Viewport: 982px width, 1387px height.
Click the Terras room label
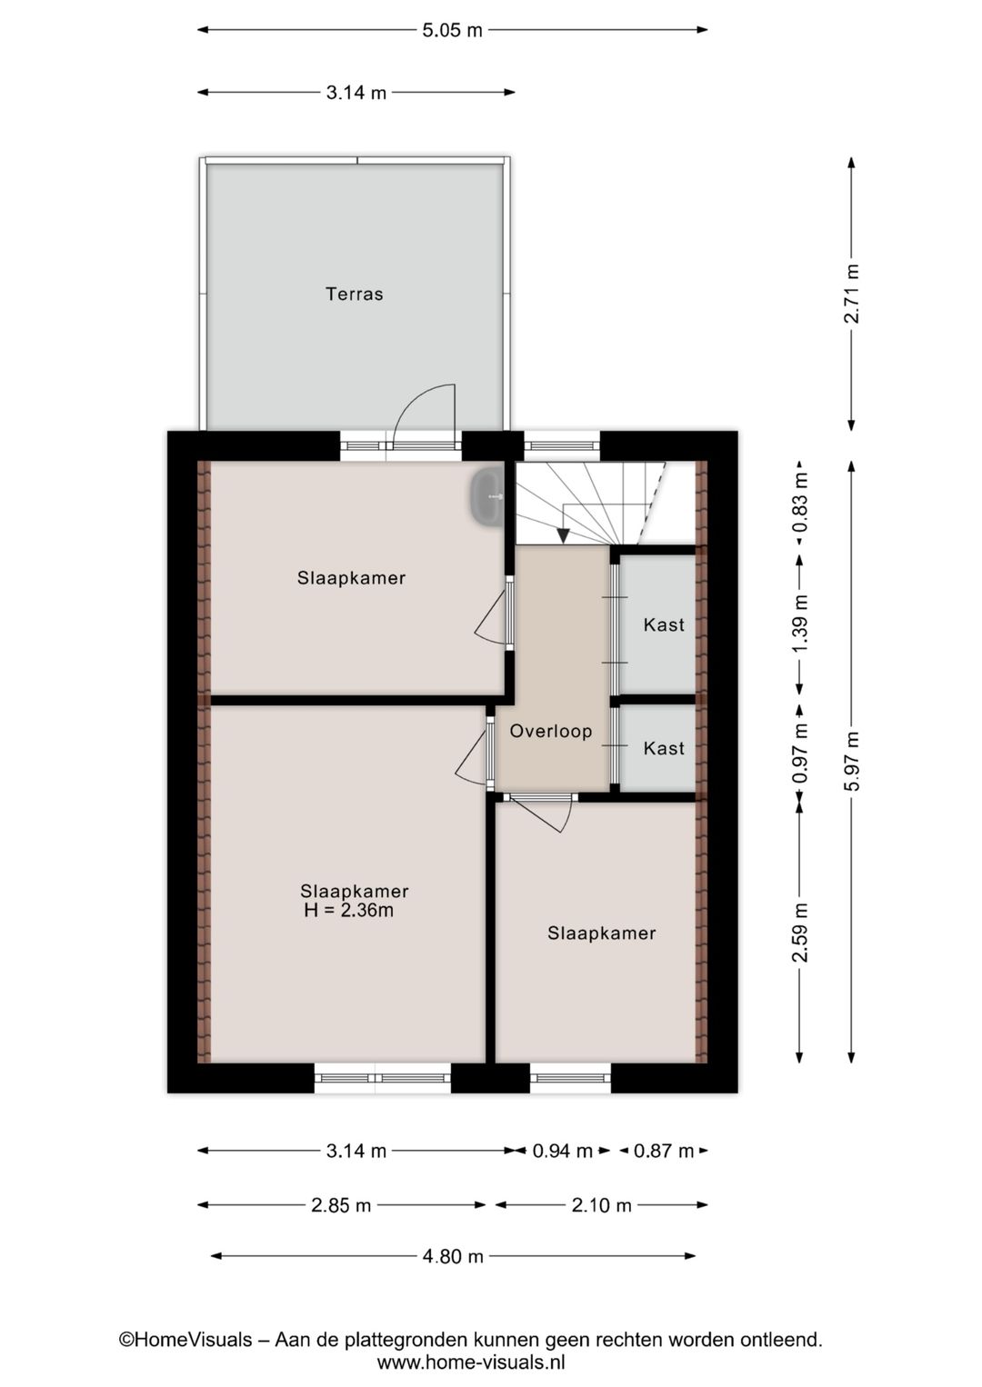[x=355, y=294]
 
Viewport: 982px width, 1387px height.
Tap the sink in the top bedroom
[x=487, y=497]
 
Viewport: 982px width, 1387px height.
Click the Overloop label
[x=550, y=731]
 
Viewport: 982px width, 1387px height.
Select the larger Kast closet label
[x=663, y=624]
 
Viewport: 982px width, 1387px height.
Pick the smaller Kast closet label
[x=663, y=748]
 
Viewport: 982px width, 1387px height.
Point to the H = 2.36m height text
[x=349, y=910]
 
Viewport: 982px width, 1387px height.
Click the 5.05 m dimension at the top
[x=452, y=30]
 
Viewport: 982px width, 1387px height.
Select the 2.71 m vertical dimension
[x=851, y=293]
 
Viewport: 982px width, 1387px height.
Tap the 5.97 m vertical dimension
[x=851, y=761]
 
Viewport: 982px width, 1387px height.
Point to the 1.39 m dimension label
[x=799, y=623]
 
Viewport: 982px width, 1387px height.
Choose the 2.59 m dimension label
[x=799, y=933]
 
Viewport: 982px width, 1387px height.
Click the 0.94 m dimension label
[x=562, y=1151]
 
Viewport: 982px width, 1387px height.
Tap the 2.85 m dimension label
[x=341, y=1205]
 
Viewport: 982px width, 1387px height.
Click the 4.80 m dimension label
[x=453, y=1256]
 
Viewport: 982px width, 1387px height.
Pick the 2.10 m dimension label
[x=601, y=1205]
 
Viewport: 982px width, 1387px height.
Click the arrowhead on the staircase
[x=564, y=535]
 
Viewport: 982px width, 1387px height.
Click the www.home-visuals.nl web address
[x=471, y=1362]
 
